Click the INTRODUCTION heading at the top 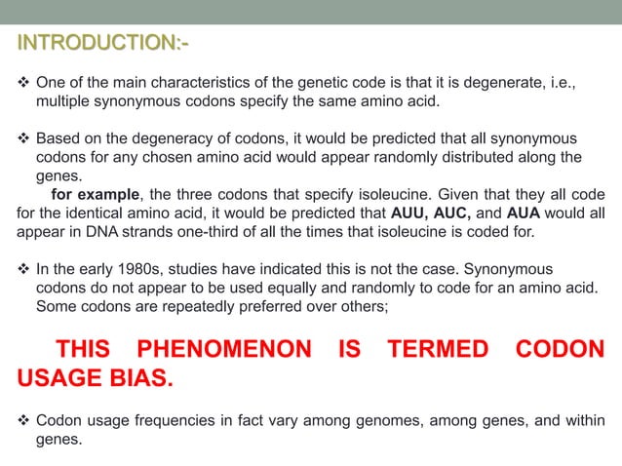point(102,45)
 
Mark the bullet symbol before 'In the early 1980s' point(24,268)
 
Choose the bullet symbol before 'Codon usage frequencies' point(24,420)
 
